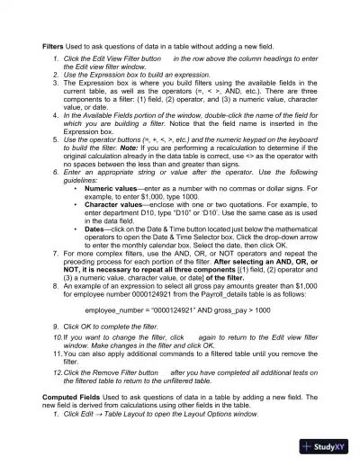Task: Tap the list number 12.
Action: [57, 372]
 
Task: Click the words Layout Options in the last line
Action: [213, 414]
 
